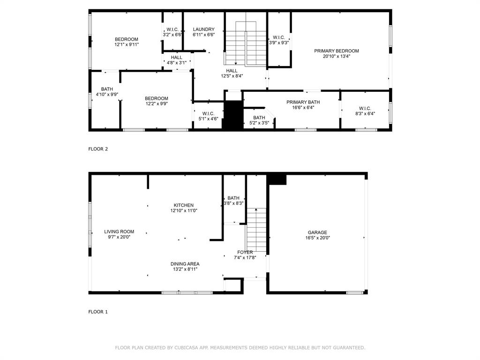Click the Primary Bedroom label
pyautogui.click(x=337, y=51)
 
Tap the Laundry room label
pyautogui.click(x=203, y=30)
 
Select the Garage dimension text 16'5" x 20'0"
pyautogui.click(x=317, y=238)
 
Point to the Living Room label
pyautogui.click(x=119, y=232)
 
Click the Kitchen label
pyautogui.click(x=184, y=205)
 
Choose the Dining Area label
pyautogui.click(x=185, y=264)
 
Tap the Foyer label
pyautogui.click(x=245, y=252)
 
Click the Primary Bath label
pyautogui.click(x=303, y=102)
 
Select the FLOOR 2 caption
pyautogui.click(x=98, y=149)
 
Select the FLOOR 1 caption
pyautogui.click(x=98, y=312)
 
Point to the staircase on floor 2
pyautogui.click(x=246, y=43)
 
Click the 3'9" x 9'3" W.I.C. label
pyautogui.click(x=278, y=40)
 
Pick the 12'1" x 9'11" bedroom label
pyautogui.click(x=127, y=42)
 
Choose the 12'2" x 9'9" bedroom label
pyautogui.click(x=157, y=101)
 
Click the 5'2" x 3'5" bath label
pyautogui.click(x=259, y=120)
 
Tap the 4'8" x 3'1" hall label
pyautogui.click(x=176, y=60)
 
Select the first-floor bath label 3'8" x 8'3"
pyautogui.click(x=233, y=201)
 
